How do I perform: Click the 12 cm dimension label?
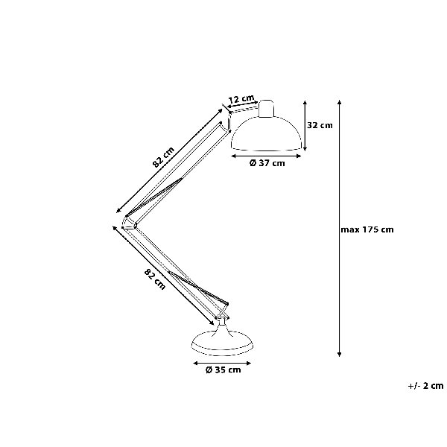pyautogui.click(x=241, y=99)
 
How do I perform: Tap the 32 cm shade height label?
pyautogui.click(x=320, y=125)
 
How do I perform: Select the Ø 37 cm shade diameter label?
pyautogui.click(x=267, y=163)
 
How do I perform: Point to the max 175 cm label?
pyautogui.click(x=367, y=229)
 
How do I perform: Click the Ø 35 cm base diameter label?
pyautogui.click(x=223, y=370)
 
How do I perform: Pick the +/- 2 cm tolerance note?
pyautogui.click(x=425, y=386)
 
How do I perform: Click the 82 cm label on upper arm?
pyautogui.click(x=163, y=157)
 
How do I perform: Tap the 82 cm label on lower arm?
pyautogui.click(x=155, y=279)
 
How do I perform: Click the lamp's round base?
pyautogui.click(x=222, y=343)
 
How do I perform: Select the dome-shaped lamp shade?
pyautogui.click(x=266, y=133)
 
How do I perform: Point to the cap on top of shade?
pyautogui.click(x=267, y=108)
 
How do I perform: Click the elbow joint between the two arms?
pyautogui.click(x=129, y=223)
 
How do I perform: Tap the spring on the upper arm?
pyautogui.click(x=153, y=197)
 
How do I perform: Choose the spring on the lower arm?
pyautogui.click(x=198, y=288)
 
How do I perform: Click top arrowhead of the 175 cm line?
pyautogui.click(x=339, y=102)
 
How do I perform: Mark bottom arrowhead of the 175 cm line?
pyautogui.click(x=339, y=355)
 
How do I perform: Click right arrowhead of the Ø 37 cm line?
pyautogui.click(x=299, y=156)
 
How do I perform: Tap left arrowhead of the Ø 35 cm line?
pyautogui.click(x=195, y=364)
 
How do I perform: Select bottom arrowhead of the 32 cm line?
pyautogui.click(x=305, y=149)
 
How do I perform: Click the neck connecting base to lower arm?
pyautogui.click(x=222, y=325)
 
